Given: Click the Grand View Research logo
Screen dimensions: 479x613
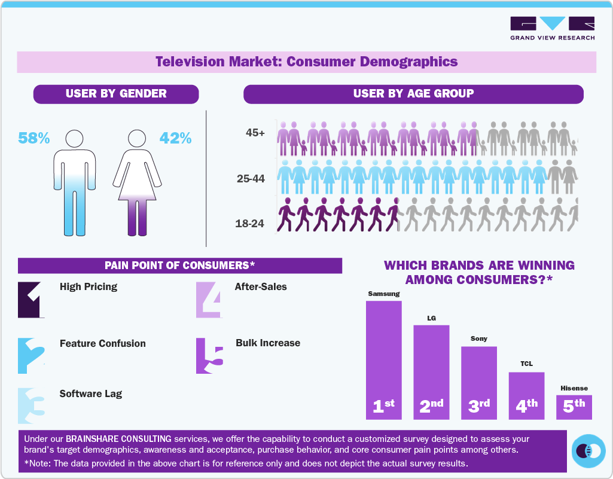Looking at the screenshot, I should coord(552,28).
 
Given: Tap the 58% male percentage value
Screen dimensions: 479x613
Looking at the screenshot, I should coord(34,138).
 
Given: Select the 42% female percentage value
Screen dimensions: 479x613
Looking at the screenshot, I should coord(175,138).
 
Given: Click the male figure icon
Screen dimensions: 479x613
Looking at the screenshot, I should coord(75,182).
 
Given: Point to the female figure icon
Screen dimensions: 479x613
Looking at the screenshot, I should coord(138,182).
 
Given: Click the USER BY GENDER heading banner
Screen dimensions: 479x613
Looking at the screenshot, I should coord(116,94).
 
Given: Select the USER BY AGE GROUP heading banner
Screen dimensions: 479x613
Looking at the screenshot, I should coord(413,94).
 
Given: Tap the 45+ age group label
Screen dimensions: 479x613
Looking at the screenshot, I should coord(255,133).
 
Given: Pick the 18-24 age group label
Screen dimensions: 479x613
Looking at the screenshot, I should coord(251,224).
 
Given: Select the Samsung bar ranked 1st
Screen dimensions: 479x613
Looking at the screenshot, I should coord(383,359).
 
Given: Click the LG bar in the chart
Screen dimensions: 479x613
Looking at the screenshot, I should coord(431,371).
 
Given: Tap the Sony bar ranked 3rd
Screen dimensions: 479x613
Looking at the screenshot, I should coord(478,382).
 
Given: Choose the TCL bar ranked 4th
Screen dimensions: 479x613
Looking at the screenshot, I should coord(526,395).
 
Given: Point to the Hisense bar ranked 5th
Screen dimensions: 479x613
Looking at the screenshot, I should coord(574,407).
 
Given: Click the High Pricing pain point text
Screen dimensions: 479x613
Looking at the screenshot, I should coord(89,286).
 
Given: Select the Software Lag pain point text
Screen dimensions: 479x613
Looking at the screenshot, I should coord(91,393).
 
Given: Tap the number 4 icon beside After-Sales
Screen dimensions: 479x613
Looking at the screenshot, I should coord(209,300).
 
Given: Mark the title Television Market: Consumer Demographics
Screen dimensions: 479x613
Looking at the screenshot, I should coord(306,62).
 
